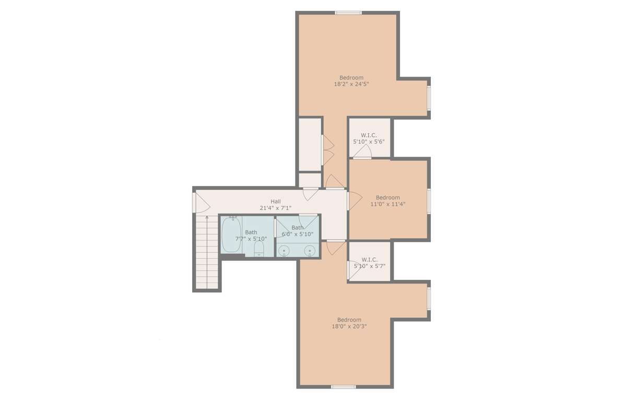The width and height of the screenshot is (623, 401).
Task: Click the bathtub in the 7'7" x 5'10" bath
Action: pos(231,235)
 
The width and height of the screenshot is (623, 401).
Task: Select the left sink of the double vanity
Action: pos(284,251)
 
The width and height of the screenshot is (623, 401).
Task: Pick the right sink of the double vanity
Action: pos(310,251)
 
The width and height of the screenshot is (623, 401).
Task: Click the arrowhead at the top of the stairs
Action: pos(207,217)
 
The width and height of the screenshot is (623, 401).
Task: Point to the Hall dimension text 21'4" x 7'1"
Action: pos(276,208)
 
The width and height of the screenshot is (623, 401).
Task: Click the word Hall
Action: pos(276,202)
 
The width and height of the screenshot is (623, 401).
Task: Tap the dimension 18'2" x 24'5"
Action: pos(351,84)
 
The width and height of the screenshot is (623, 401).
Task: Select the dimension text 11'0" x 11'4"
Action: pos(388,204)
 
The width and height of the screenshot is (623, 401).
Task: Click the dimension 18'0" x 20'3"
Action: pos(349,326)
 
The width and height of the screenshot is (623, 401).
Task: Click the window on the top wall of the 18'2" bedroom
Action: pos(348,13)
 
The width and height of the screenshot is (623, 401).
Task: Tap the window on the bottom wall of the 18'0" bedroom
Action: pos(343,387)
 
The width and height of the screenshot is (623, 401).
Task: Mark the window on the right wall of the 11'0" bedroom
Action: pos(429,202)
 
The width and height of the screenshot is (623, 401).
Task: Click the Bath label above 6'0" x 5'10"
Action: pos(298,228)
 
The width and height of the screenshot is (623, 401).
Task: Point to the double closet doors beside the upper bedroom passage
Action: pos(328,150)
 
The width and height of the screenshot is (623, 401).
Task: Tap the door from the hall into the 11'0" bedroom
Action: pos(355,200)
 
